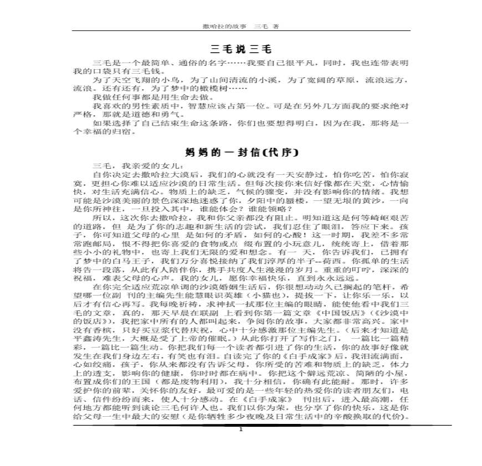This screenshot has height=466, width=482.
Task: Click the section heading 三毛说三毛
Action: click(x=242, y=49)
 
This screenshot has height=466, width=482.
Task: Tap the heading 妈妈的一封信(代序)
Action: click(x=242, y=152)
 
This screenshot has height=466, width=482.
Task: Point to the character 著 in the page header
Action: click(x=275, y=26)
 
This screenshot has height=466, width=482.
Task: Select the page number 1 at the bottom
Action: click(x=240, y=429)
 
